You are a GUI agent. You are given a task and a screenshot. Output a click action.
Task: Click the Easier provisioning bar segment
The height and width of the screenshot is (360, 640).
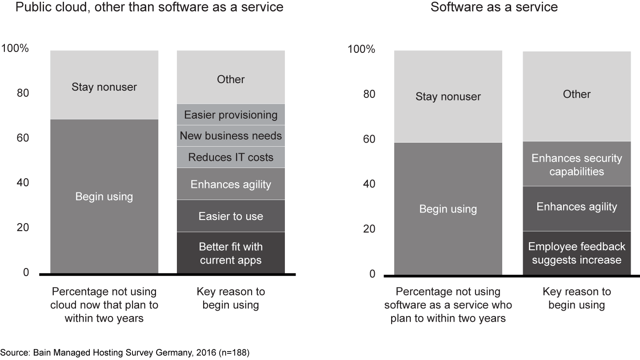231,115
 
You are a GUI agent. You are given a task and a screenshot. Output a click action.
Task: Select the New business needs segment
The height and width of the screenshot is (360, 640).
231,136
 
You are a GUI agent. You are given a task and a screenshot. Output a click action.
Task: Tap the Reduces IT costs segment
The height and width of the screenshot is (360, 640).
231,157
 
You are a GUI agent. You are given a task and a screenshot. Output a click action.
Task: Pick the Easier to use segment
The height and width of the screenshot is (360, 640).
231,216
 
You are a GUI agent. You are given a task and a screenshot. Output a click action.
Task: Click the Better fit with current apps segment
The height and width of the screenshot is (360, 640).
231,253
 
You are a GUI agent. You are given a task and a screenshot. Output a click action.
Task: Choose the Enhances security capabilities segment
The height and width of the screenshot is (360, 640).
576,164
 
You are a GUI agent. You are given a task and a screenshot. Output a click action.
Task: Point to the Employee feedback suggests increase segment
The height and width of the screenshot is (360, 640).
576,253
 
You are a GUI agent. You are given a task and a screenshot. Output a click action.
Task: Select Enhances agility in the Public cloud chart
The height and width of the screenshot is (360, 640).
231,184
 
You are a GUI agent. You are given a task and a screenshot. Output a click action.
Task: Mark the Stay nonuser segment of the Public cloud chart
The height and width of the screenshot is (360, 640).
104,86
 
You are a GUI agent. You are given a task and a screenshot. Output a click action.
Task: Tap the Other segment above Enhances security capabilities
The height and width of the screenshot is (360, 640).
576,94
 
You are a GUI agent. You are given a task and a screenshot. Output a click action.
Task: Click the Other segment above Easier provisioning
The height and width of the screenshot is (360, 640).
231,79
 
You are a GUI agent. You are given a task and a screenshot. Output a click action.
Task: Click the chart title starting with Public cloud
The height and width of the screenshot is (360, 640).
149,8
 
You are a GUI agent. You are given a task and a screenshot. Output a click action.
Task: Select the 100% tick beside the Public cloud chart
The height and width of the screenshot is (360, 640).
15,48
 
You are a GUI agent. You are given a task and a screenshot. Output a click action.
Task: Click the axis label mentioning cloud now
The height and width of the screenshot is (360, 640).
104,305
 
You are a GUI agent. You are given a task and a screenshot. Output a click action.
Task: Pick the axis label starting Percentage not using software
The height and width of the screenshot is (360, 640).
448,305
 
